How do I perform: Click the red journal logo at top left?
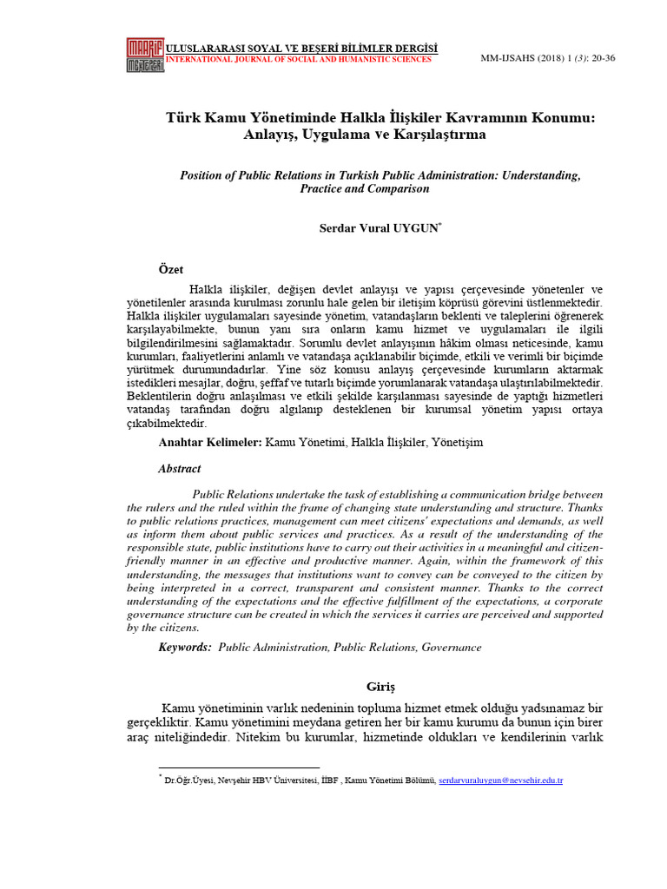tap(145, 53)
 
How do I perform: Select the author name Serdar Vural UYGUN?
tap(380, 227)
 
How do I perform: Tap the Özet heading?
tap(171, 270)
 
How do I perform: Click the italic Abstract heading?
tap(179, 469)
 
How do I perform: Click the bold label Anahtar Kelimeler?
tap(209, 443)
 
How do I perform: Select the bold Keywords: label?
tap(185, 648)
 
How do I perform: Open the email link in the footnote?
tap(501, 781)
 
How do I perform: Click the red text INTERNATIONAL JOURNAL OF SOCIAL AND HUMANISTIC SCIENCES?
tap(298, 60)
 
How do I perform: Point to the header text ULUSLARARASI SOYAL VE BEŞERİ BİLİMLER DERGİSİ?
tap(301, 47)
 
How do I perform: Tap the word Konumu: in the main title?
tap(559, 117)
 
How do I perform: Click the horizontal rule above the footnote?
tap(239, 767)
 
